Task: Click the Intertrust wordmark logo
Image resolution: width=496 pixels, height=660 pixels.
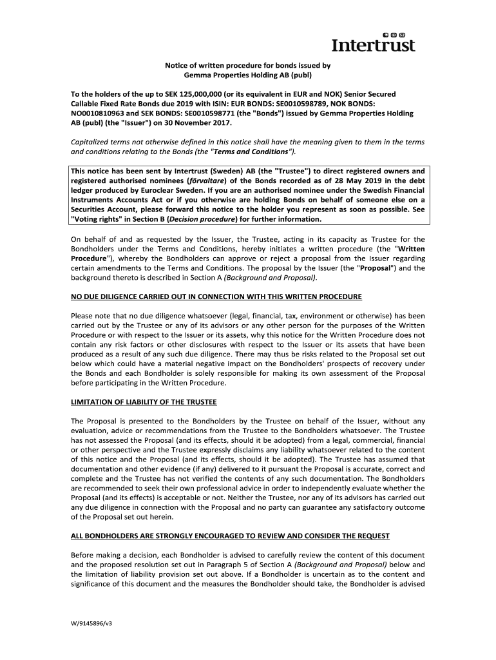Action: (x=373, y=45)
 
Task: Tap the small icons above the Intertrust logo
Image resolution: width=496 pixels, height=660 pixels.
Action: (x=394, y=33)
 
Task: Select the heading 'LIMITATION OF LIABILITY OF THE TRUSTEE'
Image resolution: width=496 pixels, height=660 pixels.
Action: (x=144, y=402)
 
